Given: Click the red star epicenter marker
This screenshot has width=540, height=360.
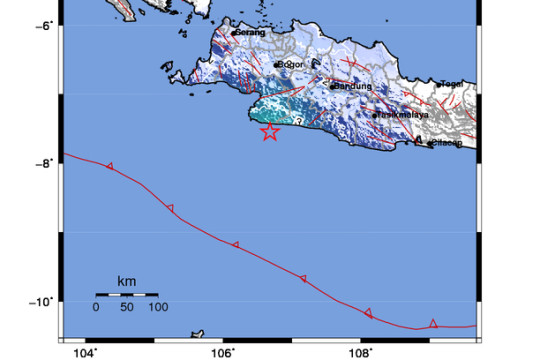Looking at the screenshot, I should pyautogui.click(x=269, y=132).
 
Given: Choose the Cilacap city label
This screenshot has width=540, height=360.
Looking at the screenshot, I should pyautogui.click(x=447, y=143).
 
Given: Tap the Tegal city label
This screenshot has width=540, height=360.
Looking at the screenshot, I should pyautogui.click(x=455, y=84).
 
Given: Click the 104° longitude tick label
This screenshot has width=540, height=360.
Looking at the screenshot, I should pyautogui.click(x=85, y=351).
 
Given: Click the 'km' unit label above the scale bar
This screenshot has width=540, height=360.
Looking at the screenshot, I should pyautogui.click(x=127, y=281).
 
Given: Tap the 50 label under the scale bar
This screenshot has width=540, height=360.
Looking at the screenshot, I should pyautogui.click(x=127, y=307).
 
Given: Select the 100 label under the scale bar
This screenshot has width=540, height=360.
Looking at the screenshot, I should pyautogui.click(x=158, y=307).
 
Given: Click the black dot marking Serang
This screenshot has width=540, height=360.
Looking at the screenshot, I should pyautogui.click(x=233, y=33).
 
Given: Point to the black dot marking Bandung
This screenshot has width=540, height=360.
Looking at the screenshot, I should pyautogui.click(x=332, y=86).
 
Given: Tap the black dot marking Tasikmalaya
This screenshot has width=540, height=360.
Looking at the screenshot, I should pyautogui.click(x=375, y=115).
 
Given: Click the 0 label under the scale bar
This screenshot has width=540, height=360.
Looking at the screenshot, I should pyautogui.click(x=96, y=307).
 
